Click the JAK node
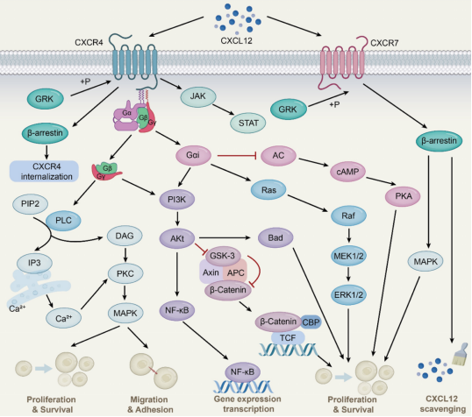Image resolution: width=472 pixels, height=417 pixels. coord(198,97)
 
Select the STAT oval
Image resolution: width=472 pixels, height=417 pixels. coord(248,123)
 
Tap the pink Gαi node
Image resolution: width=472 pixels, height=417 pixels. coord(193,155)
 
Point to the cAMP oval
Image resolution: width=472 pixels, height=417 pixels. coord(348,172)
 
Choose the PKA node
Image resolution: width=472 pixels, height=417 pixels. coord(403,196)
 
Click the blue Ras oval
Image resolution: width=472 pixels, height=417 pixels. coord(268,190)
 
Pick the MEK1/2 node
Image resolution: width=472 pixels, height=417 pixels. coord(348,256)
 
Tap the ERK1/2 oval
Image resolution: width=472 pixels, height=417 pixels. coord(348,295)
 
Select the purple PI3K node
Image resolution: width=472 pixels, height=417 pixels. coord(177,200)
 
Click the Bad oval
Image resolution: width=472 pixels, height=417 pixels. coord(275,237)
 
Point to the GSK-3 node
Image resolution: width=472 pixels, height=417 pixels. coord(223,256)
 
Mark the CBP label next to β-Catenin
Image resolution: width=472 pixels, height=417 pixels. coord(311,322)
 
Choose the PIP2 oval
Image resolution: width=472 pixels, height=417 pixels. coord(30,204)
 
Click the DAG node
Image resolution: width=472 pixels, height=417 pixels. coord(125,236)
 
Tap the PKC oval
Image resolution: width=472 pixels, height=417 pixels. coord(125,274)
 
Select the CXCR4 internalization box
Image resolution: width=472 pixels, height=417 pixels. coord(45,172)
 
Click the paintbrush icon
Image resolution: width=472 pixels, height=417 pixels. coord(461,355)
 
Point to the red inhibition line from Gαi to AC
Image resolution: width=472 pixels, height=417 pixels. coord(237,156)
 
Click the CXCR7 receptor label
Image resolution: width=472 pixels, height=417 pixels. coord(384,43)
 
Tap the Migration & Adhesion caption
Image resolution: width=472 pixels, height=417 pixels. coord(150,405)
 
